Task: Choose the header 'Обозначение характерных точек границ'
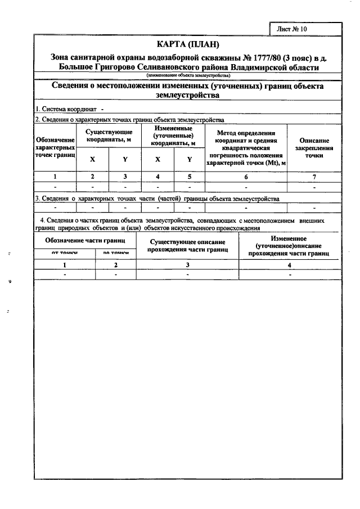point(55,147)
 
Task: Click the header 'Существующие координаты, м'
point(109,136)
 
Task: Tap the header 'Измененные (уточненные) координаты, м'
point(173,136)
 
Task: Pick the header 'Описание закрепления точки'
point(314,147)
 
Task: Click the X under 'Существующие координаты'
point(92,160)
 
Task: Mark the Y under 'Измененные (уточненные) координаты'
point(190,160)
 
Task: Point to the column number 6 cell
point(245,177)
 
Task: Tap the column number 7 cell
point(314,177)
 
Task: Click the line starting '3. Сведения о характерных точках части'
point(157,199)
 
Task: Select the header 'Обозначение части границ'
point(85,241)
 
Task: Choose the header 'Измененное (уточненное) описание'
point(289,246)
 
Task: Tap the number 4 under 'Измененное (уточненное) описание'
point(289,264)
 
